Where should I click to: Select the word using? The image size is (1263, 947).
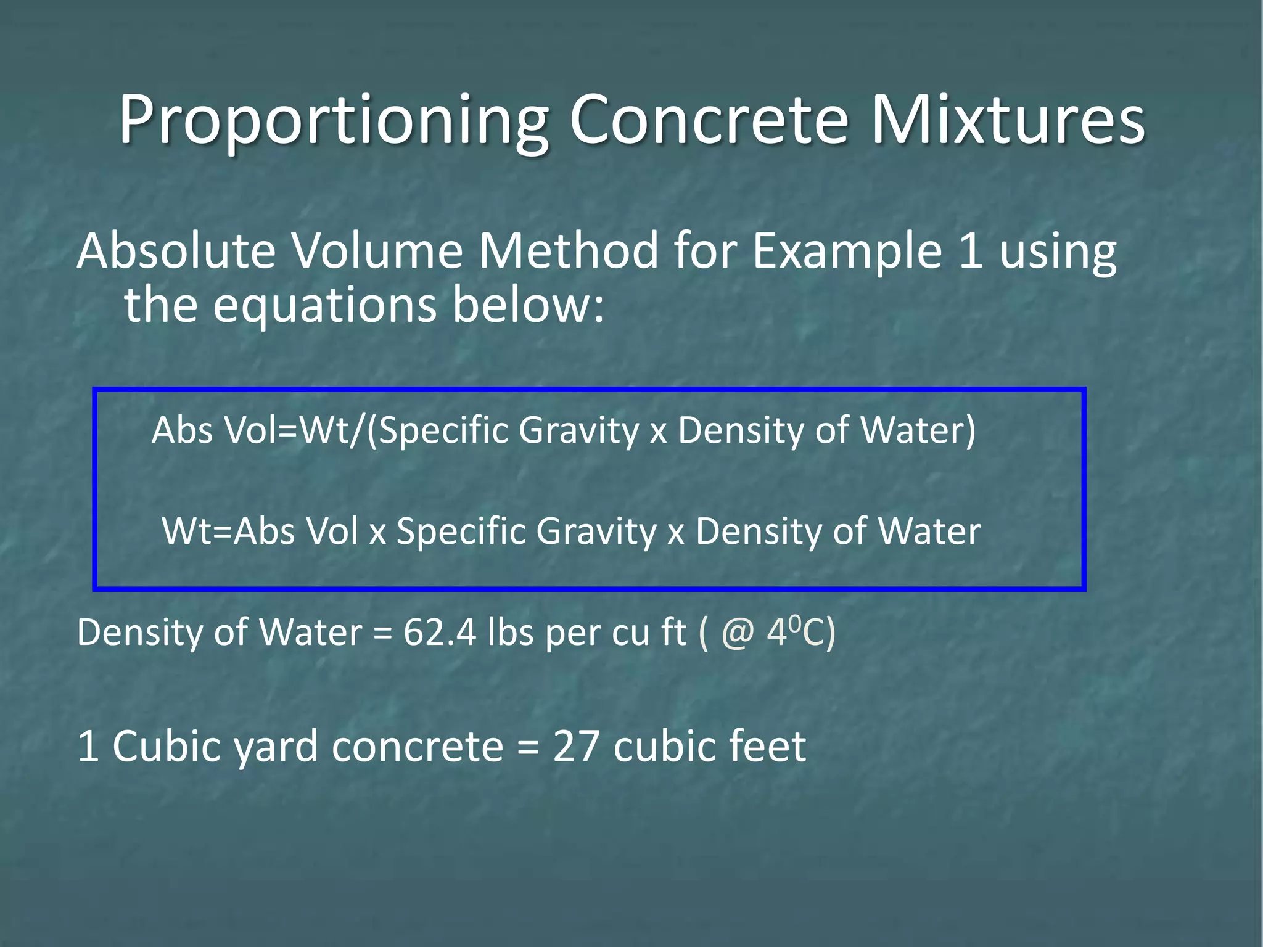tap(1058, 253)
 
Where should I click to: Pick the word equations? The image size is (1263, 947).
tap(325, 305)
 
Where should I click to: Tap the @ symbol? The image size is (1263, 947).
tap(738, 633)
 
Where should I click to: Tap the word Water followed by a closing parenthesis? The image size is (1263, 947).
tap(918, 430)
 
